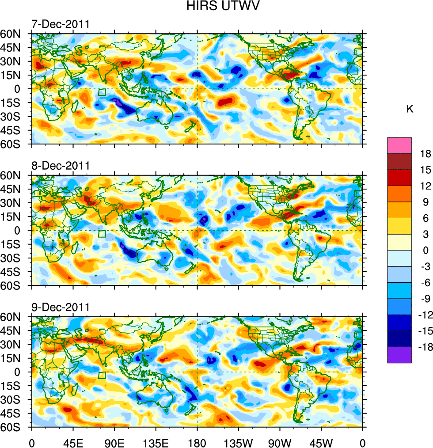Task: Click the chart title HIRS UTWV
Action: click(217, 7)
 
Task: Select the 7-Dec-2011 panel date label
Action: click(61, 24)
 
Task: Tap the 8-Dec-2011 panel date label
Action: click(61, 166)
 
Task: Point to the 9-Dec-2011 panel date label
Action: click(61, 307)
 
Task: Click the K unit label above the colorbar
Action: click(410, 109)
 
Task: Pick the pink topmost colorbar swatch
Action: click(399, 145)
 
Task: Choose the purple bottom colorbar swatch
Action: click(399, 355)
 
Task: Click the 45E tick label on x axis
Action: click(73, 442)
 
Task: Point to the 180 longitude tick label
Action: click(197, 442)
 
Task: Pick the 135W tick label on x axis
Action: click(239, 442)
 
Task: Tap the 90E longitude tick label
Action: click(114, 442)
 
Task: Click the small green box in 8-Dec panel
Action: click(102, 234)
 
